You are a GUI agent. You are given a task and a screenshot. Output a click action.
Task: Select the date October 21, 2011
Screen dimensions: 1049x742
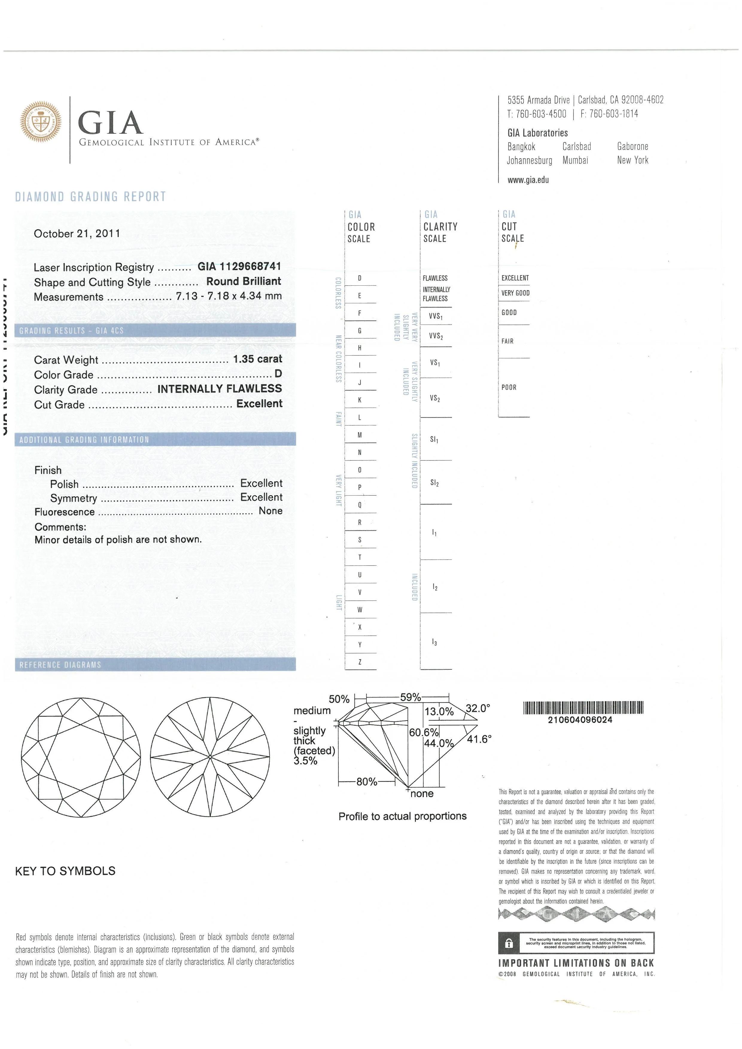point(77,234)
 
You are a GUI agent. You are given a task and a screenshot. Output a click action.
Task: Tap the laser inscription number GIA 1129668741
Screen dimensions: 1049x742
point(239,266)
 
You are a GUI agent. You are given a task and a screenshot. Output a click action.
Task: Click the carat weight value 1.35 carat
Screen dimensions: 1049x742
point(257,359)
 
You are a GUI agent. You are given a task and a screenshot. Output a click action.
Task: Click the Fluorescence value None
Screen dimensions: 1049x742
point(270,511)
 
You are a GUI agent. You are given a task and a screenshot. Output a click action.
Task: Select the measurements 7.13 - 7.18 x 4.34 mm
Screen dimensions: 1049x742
point(229,296)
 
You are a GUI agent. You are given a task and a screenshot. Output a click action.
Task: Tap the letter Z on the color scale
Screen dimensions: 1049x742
point(360,662)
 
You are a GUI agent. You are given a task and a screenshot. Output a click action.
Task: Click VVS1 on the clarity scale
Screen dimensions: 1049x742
point(435,316)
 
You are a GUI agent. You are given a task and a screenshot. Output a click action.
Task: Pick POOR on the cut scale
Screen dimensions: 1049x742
point(509,387)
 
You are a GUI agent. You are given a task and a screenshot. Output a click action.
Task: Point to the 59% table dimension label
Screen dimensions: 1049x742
point(410,698)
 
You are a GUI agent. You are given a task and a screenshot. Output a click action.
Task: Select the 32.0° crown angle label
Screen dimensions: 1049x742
point(478,709)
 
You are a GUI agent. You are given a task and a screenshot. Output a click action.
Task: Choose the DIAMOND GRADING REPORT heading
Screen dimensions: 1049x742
point(90,197)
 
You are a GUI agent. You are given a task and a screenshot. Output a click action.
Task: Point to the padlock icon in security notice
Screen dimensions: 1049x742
point(509,943)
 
